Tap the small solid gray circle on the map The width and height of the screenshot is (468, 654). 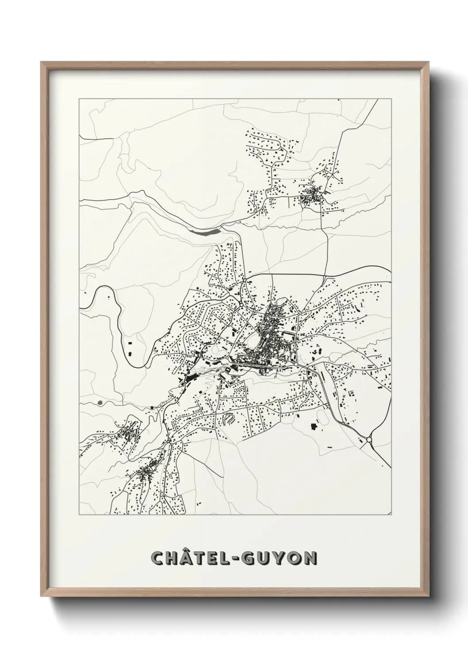(x=100, y=403)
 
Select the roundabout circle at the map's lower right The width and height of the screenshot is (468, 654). (x=369, y=439)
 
